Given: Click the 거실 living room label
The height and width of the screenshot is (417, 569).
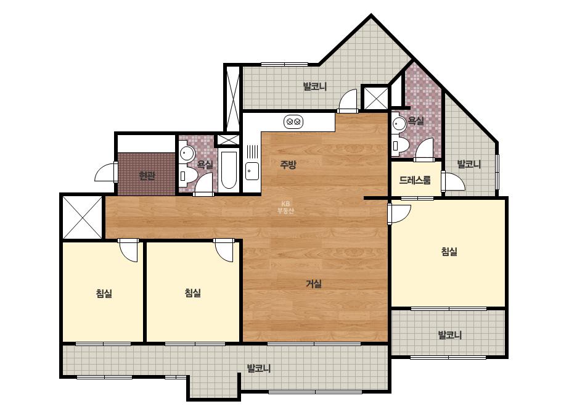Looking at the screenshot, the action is [314, 284].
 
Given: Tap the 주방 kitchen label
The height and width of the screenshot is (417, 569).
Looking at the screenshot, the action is [288, 165].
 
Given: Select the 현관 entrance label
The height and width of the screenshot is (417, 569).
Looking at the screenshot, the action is [147, 176].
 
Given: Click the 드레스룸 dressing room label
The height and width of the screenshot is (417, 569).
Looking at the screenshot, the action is [415, 180].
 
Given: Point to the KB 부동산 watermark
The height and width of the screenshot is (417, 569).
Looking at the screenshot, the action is [285, 208].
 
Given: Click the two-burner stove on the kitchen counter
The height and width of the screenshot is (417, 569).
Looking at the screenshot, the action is [293, 122].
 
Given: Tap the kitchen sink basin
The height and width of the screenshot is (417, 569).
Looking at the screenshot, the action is [252, 171].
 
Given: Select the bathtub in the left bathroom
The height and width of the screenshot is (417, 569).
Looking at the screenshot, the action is [229, 170].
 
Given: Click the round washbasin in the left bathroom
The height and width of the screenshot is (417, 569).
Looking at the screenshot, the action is [187, 154].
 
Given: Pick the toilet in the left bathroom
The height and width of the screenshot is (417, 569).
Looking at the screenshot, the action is [188, 176].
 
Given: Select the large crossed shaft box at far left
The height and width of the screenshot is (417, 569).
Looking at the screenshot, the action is [83, 217].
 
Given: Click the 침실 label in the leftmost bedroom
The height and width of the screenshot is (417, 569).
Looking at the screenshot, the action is [104, 293].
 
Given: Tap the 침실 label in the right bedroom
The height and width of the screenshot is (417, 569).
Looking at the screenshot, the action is [449, 251].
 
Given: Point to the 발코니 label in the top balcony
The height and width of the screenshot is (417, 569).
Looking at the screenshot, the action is [315, 86].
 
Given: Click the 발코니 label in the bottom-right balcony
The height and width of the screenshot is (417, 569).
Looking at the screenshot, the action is [450, 335].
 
